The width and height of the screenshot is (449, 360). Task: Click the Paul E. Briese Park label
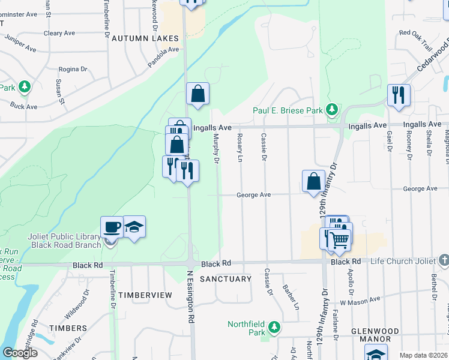click(288, 110)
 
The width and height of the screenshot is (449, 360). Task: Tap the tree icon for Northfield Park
click(274, 327)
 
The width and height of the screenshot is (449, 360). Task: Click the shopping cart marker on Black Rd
click(340, 239)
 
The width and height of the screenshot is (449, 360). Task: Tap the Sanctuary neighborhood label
click(225, 279)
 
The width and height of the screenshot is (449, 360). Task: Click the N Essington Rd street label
click(191, 297)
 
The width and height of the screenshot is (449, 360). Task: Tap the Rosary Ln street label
click(240, 148)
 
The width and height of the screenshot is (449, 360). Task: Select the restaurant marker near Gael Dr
click(399, 95)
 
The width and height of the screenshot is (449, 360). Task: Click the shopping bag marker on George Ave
click(313, 181)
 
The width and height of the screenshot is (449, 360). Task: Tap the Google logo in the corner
click(19, 353)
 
